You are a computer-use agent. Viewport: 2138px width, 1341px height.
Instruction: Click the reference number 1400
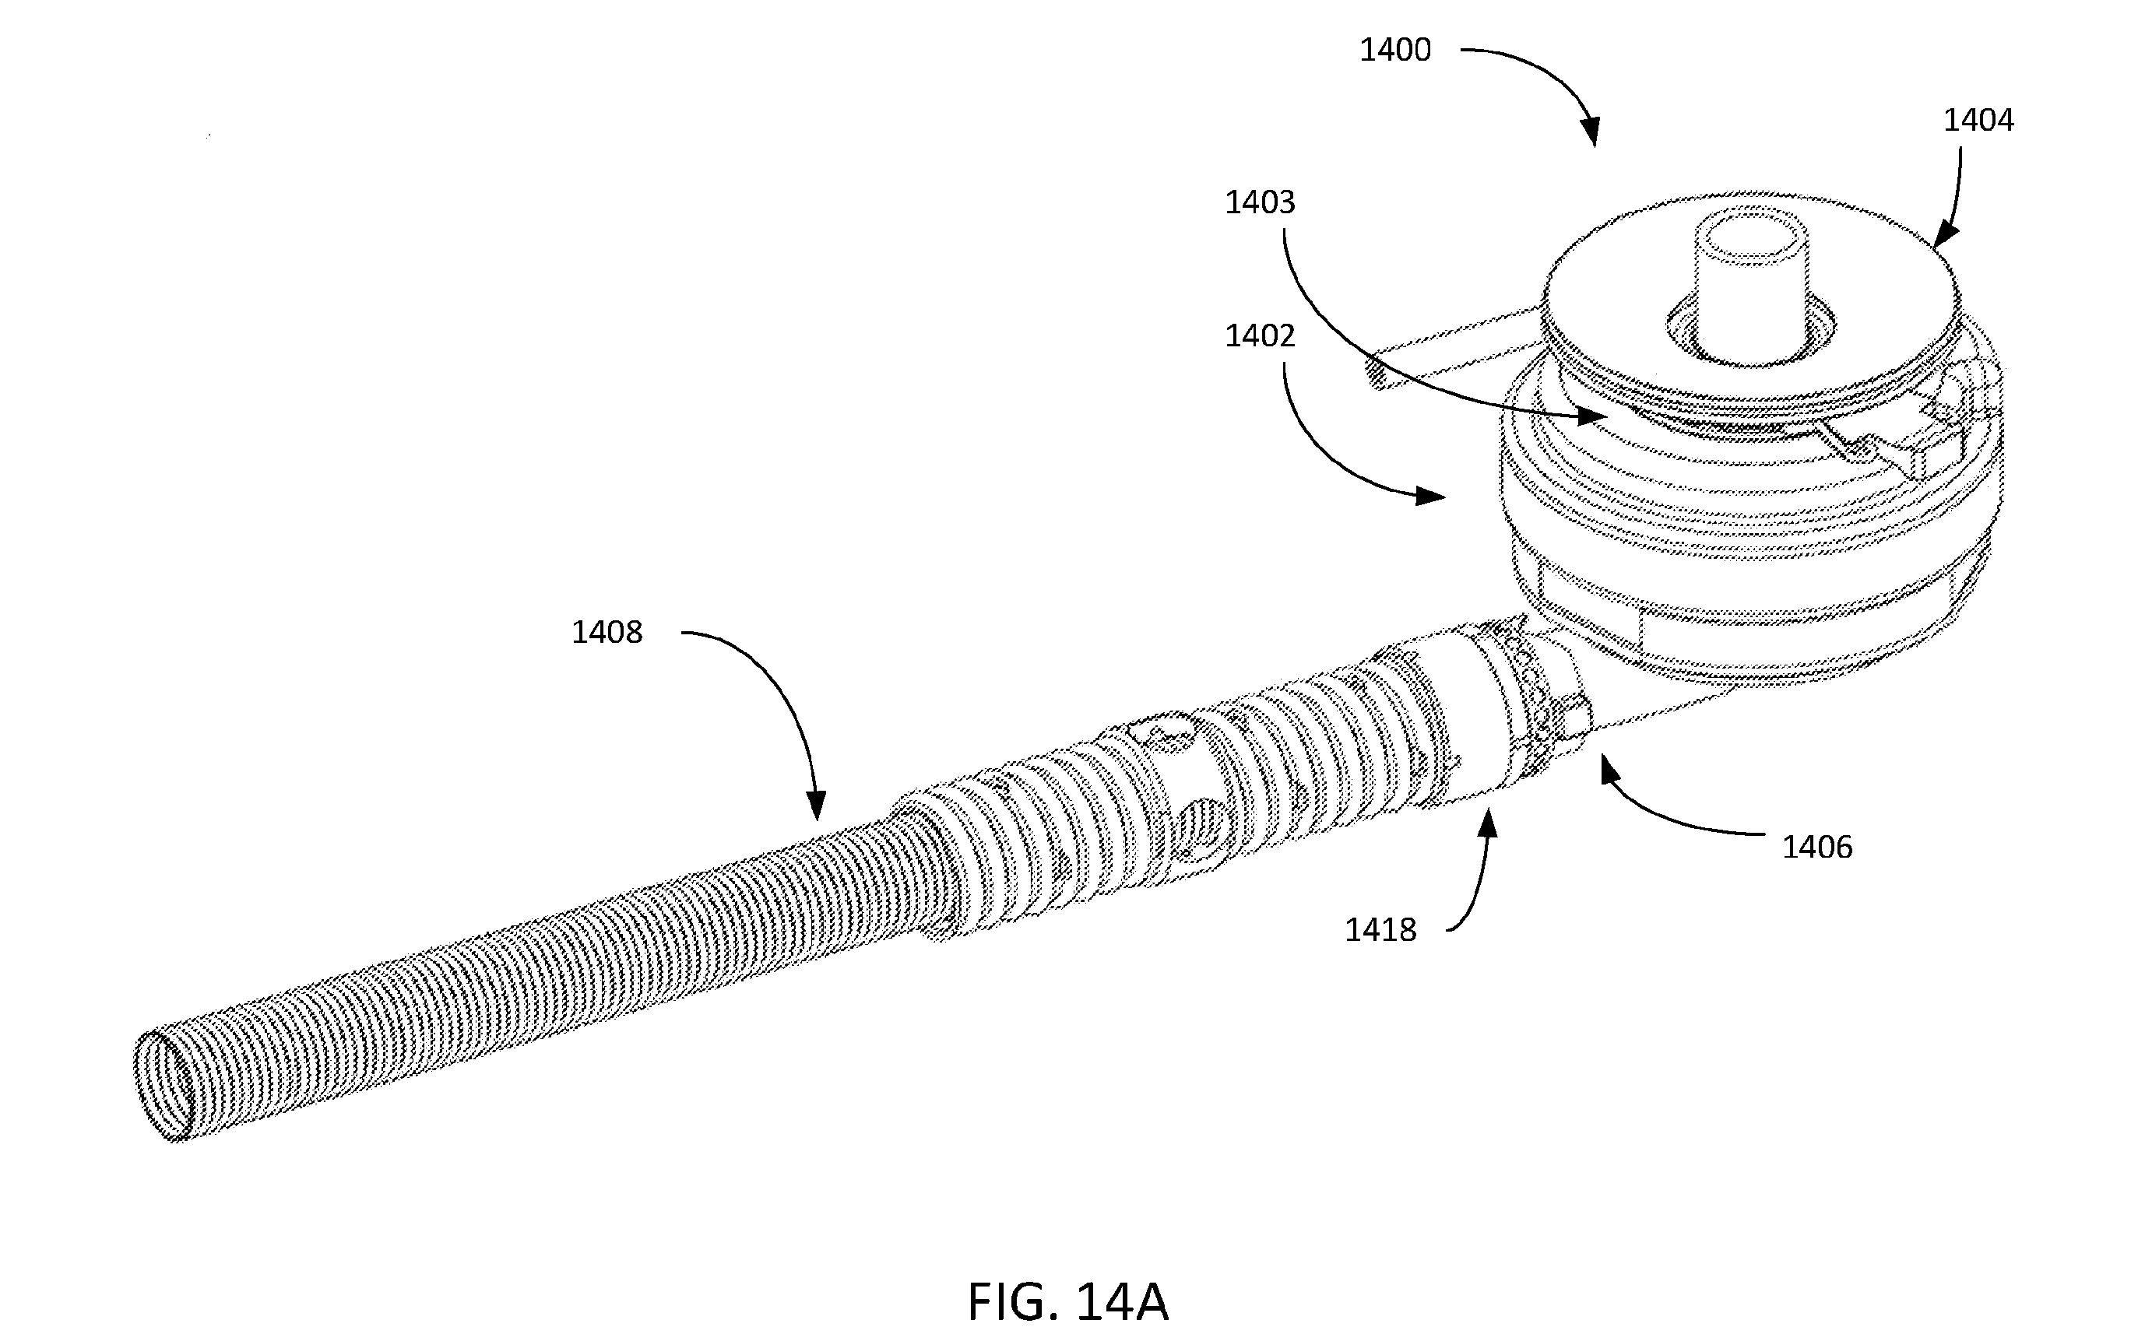1395,51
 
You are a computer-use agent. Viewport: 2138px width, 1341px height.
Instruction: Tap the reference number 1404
1978,120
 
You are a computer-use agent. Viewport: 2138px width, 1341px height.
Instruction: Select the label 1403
1260,203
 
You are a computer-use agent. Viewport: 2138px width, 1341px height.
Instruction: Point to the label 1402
1260,336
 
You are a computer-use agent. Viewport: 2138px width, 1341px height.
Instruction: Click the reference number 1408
607,632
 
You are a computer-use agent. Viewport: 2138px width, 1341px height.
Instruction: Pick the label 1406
1817,848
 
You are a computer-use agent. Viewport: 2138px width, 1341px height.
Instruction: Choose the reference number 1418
1380,930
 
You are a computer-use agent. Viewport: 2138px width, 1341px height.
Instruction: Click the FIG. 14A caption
1068,1302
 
